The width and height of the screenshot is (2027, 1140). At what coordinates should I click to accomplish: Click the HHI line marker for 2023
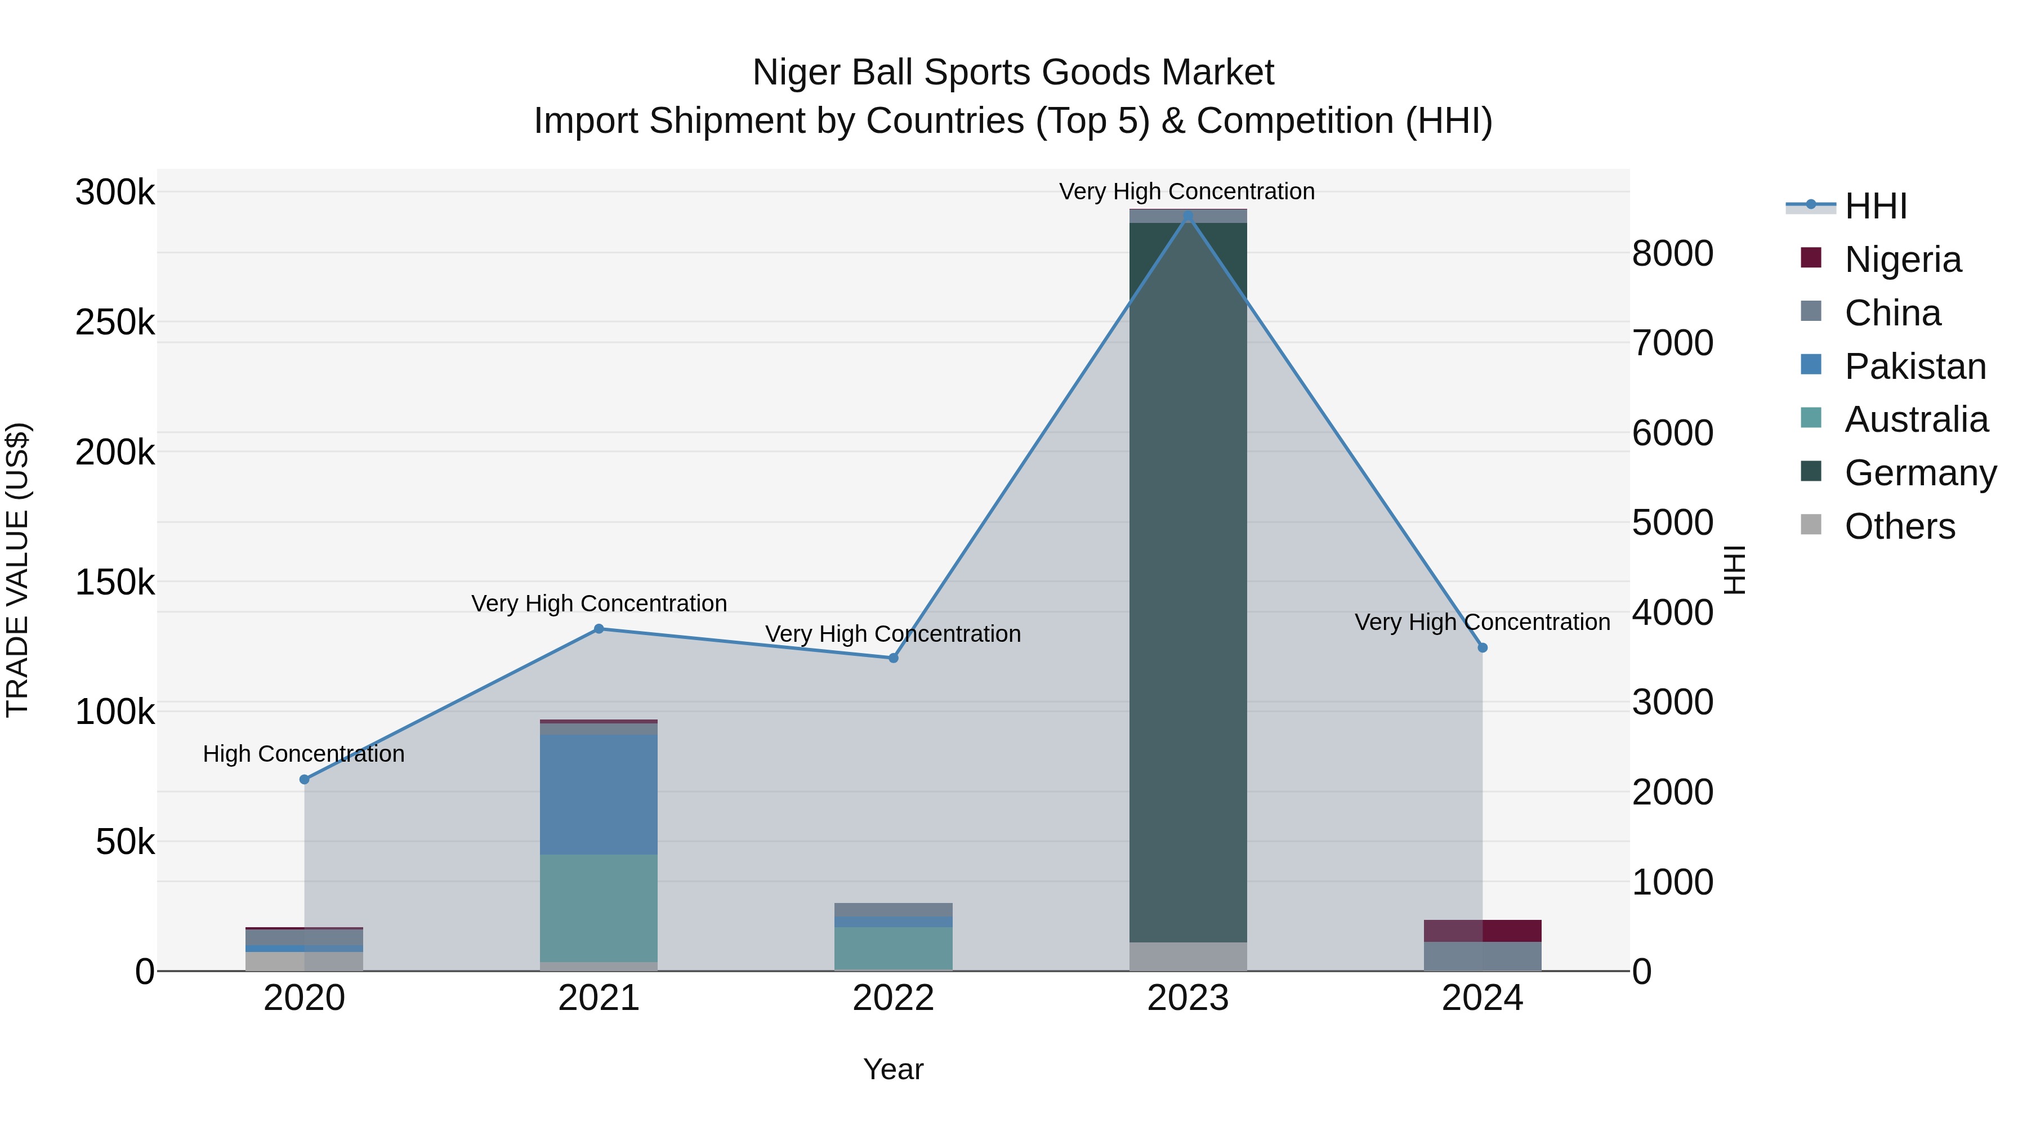pos(1187,216)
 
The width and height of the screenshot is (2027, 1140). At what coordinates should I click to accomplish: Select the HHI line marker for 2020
pos(305,780)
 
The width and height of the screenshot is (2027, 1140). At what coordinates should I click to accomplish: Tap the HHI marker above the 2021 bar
pos(599,629)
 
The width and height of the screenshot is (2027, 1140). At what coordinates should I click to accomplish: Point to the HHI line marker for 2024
pos(1483,647)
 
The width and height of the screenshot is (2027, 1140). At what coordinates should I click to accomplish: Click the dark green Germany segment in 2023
pos(1187,582)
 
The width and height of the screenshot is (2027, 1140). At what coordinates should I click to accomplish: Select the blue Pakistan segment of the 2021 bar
pos(599,794)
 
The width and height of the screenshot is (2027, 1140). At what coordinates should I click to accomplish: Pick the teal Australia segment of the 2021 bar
pos(599,908)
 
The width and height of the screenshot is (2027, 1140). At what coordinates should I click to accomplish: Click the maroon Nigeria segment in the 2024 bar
pos(1483,930)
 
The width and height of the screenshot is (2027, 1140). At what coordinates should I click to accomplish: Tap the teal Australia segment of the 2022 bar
pos(893,948)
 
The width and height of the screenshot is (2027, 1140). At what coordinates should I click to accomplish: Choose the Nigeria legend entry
pos(1902,259)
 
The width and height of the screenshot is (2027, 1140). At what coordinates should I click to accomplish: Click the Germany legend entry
pos(1919,473)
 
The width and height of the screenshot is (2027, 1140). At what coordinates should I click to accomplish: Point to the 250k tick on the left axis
pos(115,323)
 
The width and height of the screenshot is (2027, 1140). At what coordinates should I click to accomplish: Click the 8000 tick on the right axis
pos(1673,253)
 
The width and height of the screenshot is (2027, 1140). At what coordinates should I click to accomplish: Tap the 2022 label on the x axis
pos(893,998)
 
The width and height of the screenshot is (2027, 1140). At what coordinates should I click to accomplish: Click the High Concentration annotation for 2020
pos(303,754)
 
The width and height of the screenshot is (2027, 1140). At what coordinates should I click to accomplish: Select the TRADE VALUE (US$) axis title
pos(18,570)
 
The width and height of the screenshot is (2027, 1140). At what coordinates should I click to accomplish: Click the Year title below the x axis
pos(893,1069)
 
